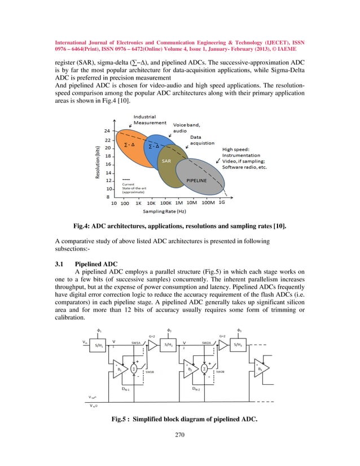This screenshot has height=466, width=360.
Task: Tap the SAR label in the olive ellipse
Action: pyautogui.click(x=166, y=161)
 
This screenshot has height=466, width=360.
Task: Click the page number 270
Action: pyautogui.click(x=179, y=451)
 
